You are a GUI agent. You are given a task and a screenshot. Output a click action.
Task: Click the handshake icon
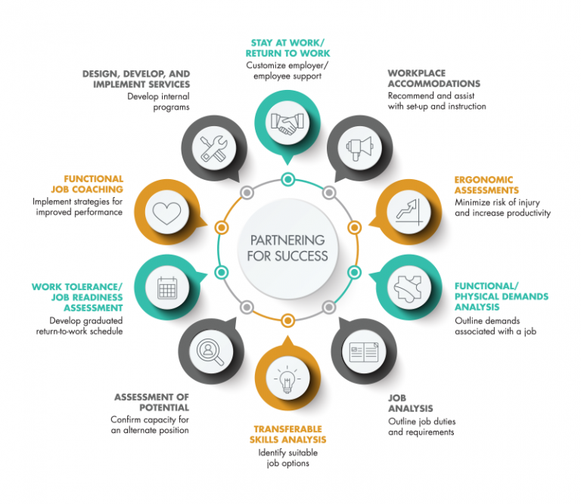click(287, 123)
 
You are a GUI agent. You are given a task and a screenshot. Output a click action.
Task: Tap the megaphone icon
click(359, 148)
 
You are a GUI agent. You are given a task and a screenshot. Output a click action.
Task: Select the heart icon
click(167, 213)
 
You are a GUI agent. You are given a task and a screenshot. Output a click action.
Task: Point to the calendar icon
click(167, 288)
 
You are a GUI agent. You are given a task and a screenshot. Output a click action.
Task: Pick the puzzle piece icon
click(408, 289)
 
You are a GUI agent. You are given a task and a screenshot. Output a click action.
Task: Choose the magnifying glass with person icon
click(210, 352)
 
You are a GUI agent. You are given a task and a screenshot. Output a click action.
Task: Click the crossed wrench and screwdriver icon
click(214, 148)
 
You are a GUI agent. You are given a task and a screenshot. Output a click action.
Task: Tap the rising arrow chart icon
click(409, 212)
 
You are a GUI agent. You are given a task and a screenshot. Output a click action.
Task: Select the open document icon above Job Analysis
click(364, 351)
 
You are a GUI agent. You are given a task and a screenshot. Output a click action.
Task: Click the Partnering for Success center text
click(287, 248)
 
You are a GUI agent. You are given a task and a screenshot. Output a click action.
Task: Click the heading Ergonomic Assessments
click(486, 185)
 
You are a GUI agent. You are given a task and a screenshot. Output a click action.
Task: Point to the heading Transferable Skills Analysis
click(288, 434)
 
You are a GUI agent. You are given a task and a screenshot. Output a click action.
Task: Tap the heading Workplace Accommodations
click(434, 79)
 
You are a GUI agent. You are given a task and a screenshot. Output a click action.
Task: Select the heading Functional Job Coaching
click(87, 184)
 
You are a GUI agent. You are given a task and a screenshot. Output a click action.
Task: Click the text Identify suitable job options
click(288, 458)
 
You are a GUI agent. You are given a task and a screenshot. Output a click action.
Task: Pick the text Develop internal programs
click(159, 102)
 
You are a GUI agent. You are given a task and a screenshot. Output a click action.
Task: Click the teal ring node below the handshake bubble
click(288, 180)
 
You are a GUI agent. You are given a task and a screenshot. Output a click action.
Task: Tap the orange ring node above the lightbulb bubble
click(288, 320)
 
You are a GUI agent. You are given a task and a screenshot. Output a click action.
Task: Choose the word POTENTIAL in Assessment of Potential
click(164, 407)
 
